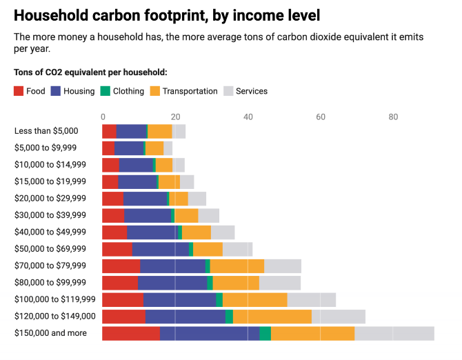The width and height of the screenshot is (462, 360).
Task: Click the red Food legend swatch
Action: (19, 91)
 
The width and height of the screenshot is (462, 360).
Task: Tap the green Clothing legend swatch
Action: (106, 91)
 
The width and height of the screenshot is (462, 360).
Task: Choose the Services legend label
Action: (251, 91)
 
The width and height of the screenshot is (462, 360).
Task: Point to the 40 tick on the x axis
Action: (248, 117)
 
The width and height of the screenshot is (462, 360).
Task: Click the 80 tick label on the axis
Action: (394, 117)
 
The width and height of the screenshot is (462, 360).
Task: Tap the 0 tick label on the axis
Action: (103, 117)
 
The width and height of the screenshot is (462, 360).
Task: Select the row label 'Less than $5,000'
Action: (46, 131)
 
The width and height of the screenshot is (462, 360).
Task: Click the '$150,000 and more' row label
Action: (50, 334)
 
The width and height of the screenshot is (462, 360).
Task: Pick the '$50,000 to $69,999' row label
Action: (50, 249)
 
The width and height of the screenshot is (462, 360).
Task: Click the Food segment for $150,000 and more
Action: (131, 334)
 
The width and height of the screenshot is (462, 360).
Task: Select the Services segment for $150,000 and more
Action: (394, 334)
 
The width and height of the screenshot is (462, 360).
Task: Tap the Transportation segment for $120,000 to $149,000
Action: (272, 317)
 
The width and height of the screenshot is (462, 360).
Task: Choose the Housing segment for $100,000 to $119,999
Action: (179, 300)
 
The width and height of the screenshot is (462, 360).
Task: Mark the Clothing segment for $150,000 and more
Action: (265, 334)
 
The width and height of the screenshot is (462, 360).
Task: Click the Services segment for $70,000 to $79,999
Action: (283, 266)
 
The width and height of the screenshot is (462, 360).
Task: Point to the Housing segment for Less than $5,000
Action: (132, 131)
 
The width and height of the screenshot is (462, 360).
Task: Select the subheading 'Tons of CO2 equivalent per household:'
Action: (90, 72)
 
